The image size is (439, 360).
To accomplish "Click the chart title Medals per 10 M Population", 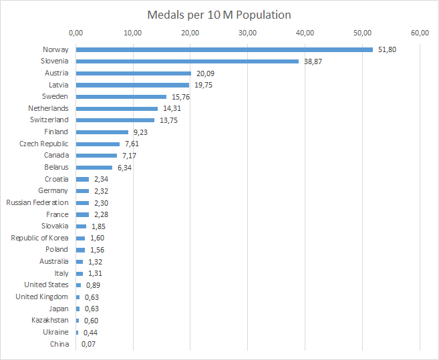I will (x=219, y=14).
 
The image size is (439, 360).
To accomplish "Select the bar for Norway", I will (x=224, y=49).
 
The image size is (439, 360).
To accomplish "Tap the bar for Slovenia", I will (x=187, y=61).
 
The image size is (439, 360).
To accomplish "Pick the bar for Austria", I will (x=134, y=73).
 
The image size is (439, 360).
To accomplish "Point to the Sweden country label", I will (x=55, y=97).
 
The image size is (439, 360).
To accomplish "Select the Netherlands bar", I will (x=117, y=108).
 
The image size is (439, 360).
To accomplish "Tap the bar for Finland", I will (x=102, y=132).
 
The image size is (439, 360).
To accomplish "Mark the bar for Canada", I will (x=96, y=156).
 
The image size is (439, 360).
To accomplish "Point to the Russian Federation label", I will (x=37, y=202).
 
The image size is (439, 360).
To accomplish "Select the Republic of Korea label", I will (x=39, y=238).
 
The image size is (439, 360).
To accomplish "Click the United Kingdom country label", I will (x=41, y=297).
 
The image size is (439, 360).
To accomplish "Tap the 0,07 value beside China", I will (x=88, y=344).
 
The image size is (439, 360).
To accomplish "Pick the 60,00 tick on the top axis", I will (x=420, y=33).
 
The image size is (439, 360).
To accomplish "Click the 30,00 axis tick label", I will (x=248, y=33).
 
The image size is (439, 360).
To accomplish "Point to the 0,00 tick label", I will (x=76, y=33).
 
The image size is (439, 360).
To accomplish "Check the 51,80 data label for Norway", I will (x=387, y=49).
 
